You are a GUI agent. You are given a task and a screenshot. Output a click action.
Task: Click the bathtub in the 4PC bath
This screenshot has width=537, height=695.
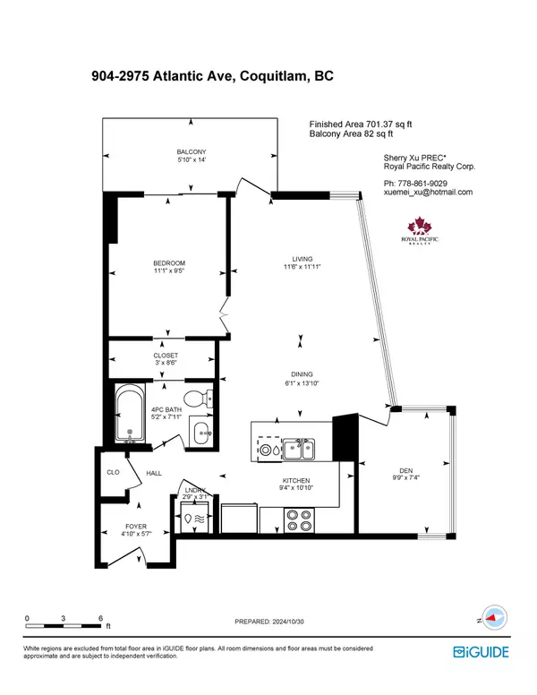coord(131,414)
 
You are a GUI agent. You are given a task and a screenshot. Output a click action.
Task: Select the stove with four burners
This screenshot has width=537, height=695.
coord(297,518)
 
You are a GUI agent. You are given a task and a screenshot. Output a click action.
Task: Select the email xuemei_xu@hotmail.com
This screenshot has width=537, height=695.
coord(427,193)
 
